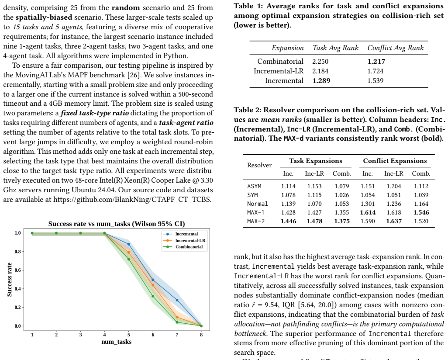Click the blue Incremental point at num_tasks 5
point(128,244)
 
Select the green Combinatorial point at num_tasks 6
point(153,296)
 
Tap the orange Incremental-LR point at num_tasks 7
point(177,317)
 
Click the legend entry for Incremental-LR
point(184,240)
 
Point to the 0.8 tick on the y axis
point(18,252)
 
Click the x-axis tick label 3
point(81,335)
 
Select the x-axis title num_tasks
point(117,342)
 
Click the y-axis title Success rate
point(9,279)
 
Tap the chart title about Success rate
point(117,224)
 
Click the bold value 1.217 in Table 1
point(376,62)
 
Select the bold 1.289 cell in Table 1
point(321,81)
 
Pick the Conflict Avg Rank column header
point(396,48)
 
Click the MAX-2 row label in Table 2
point(256,221)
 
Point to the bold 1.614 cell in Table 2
point(368,212)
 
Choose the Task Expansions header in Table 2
point(315,161)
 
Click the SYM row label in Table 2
point(252,195)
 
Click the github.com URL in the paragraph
point(132,199)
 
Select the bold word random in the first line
point(126,8)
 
